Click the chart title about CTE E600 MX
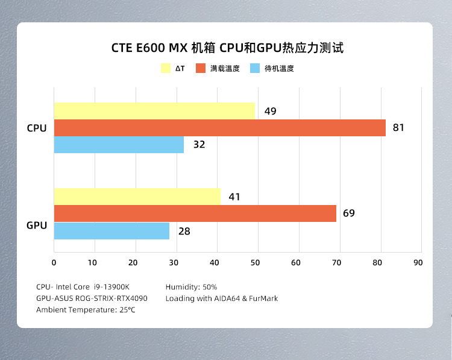tap(227, 48)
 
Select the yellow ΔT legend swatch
tap(166, 68)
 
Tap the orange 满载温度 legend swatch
tap(201, 68)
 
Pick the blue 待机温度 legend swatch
tap(254, 68)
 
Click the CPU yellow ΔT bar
tap(154, 111)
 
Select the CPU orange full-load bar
tap(219, 128)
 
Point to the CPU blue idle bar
tap(119, 145)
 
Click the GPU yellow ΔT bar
tap(137, 197)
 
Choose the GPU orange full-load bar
tap(195, 213)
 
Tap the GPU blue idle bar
tap(111, 231)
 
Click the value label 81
tap(398, 128)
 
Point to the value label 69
tap(349, 213)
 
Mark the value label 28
tap(184, 231)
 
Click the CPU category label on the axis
tap(37, 128)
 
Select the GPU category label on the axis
tap(37, 226)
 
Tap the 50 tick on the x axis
tap(256, 262)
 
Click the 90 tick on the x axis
tap(418, 262)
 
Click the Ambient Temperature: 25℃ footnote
tap(86, 310)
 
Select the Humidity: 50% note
tap(191, 287)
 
